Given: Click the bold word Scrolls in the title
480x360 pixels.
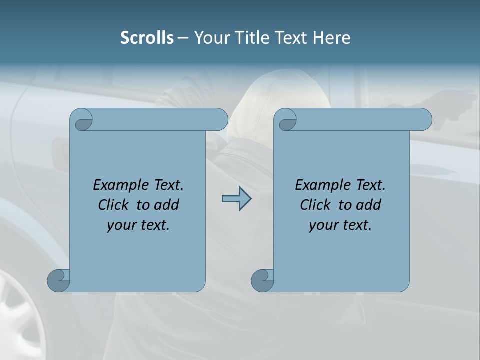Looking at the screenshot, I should (x=147, y=38).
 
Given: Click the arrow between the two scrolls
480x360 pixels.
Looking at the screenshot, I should (x=236, y=199).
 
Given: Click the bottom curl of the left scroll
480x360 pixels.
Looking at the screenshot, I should (x=58, y=280).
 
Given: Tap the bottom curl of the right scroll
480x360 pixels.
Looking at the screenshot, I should (x=262, y=280).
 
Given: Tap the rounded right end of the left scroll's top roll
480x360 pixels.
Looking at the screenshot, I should (x=220, y=120).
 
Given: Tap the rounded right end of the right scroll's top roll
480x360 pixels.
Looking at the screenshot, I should (x=424, y=120).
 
